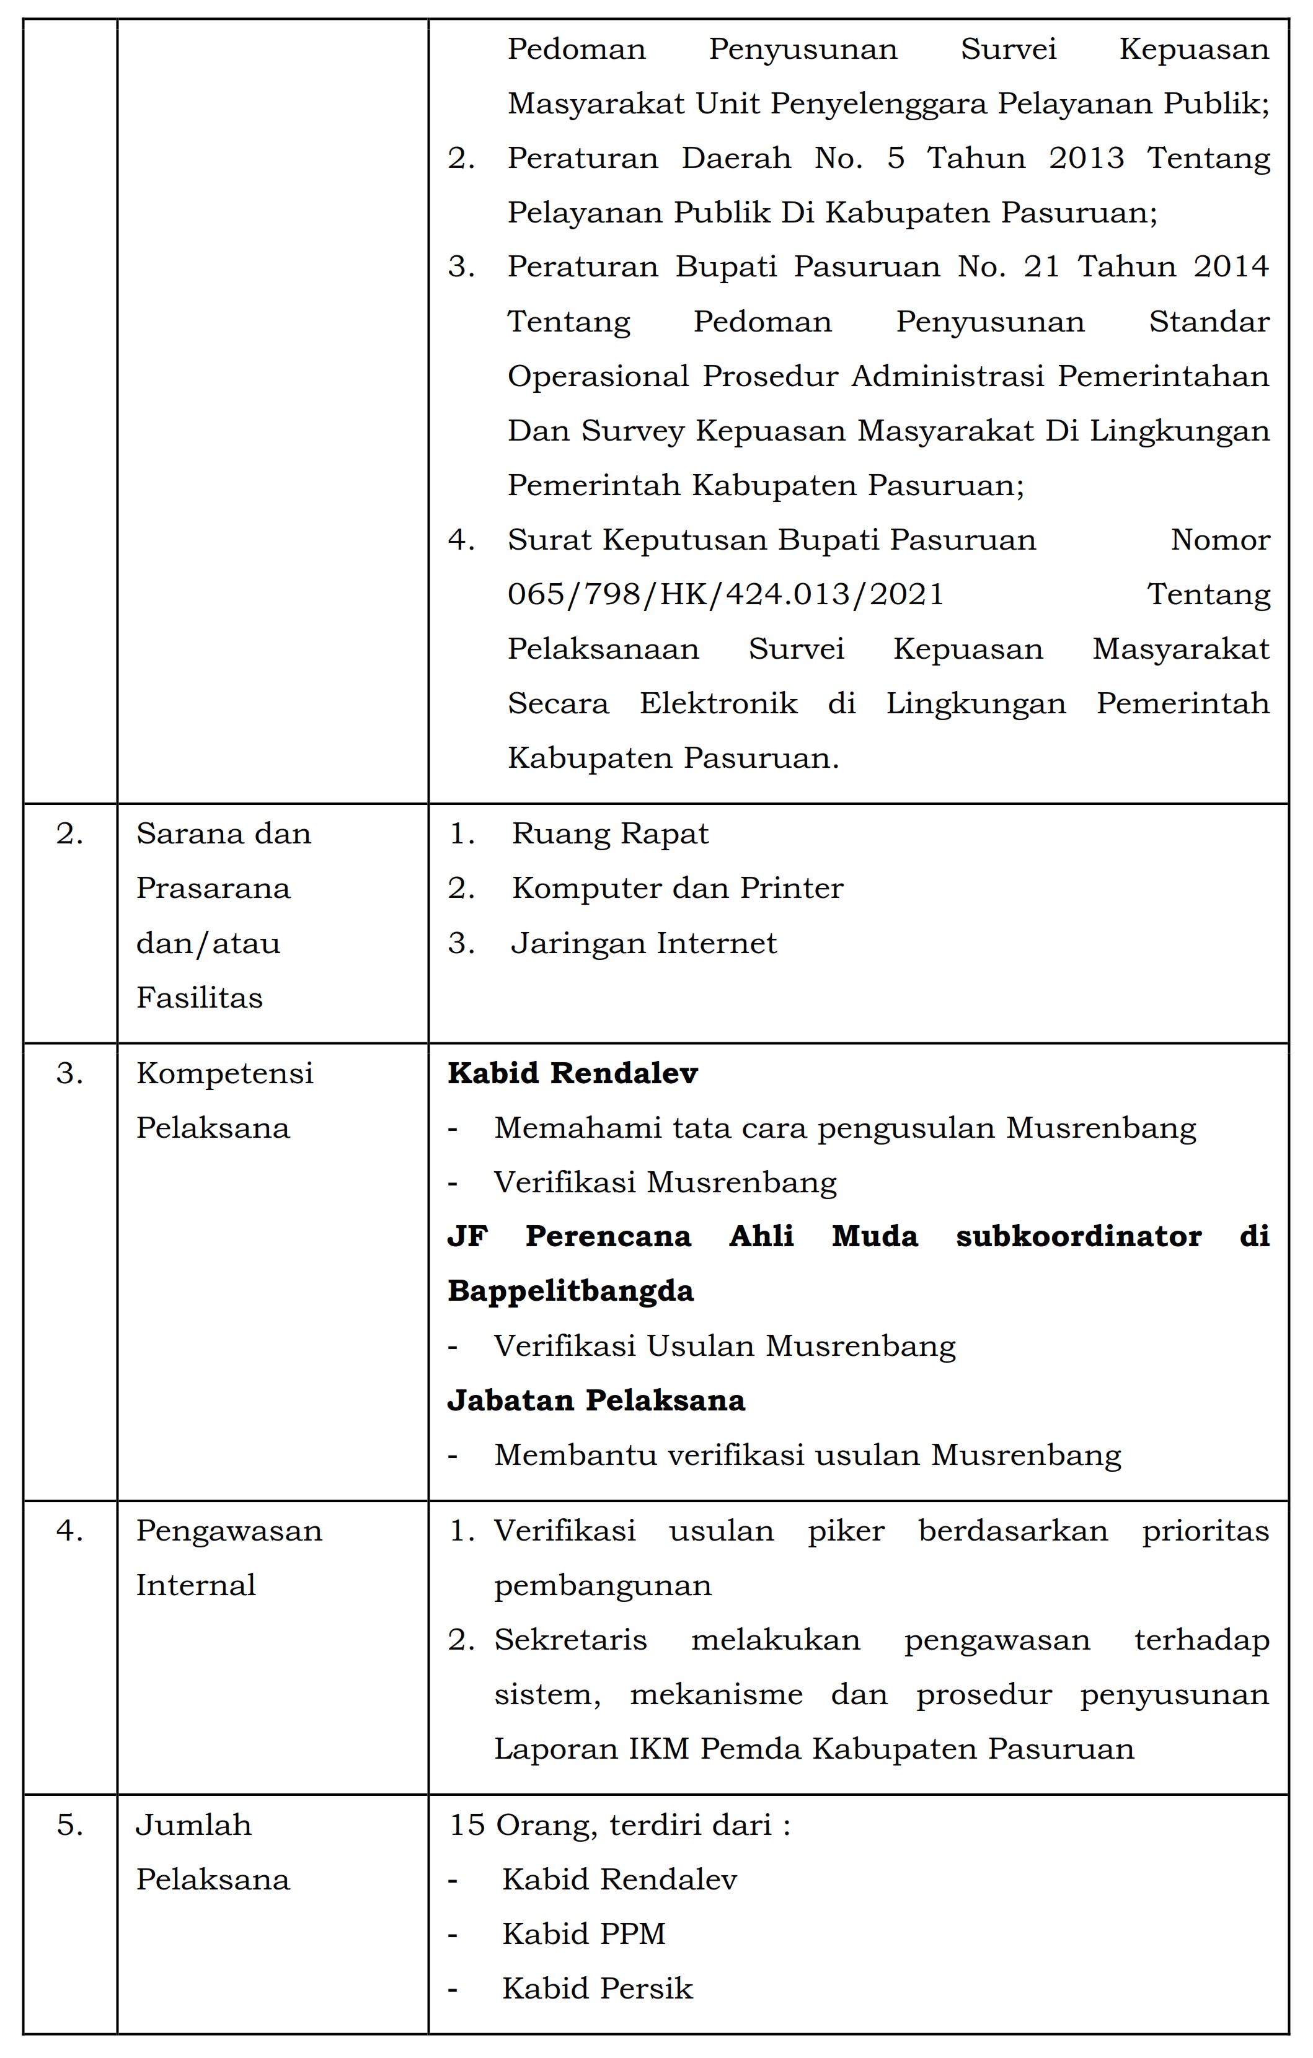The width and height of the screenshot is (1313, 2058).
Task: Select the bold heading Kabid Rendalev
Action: [573, 1073]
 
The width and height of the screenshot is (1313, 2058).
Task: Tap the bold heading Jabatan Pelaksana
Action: [596, 1401]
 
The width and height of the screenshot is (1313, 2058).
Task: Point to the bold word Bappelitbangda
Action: [570, 1291]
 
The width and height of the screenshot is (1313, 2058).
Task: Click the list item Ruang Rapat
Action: [609, 834]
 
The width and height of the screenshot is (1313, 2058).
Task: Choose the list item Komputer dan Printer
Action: [677, 889]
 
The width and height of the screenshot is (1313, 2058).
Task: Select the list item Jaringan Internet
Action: [643, 944]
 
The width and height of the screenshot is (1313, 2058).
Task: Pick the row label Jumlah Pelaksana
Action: [212, 1852]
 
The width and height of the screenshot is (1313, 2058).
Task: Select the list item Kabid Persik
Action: [596, 1989]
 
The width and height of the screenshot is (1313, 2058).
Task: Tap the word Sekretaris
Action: [570, 1640]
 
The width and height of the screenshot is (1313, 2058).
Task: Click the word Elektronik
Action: [718, 703]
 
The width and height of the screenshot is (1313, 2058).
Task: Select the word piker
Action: [846, 1531]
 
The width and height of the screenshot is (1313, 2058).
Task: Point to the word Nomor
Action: [1220, 540]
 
